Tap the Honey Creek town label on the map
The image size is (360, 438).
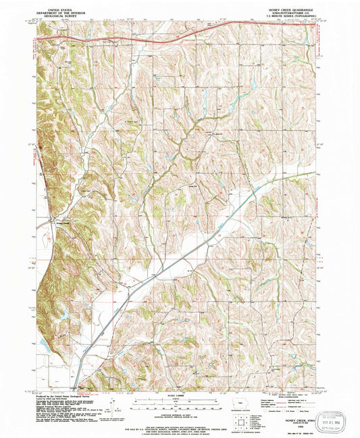coord(63,223)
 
